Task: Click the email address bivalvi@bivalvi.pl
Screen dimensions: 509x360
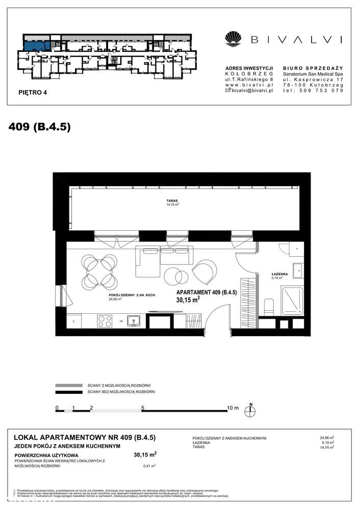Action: coord(250,90)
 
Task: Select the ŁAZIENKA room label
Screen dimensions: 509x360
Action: coord(280,275)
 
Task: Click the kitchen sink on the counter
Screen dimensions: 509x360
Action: coord(135,320)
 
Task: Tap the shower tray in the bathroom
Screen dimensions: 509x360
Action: coord(292,299)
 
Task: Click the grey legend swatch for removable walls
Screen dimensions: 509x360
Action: coord(68,385)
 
